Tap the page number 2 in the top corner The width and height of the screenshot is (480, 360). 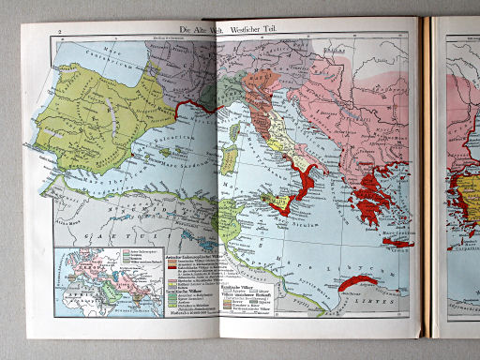pos(60,32)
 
